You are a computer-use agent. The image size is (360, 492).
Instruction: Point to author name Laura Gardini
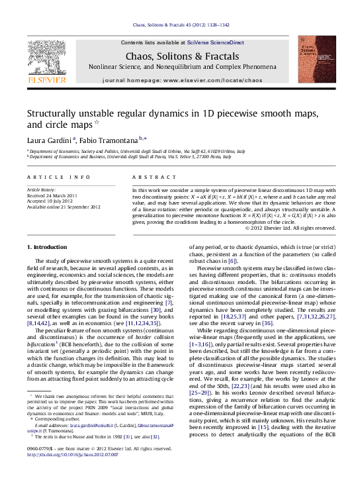(x=50, y=140)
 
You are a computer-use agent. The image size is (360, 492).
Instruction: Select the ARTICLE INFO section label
(x=59, y=177)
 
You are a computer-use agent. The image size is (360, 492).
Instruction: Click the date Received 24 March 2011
(x=54, y=196)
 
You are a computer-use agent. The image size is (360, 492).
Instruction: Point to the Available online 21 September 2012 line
(x=64, y=207)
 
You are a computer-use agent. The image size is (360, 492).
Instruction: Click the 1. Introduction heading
(x=47, y=247)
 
